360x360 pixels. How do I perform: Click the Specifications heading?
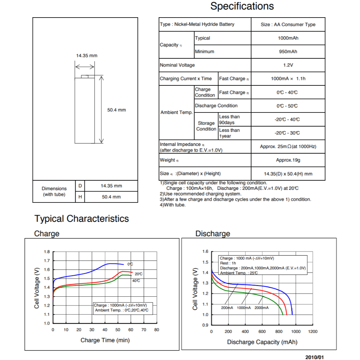pyautogui.click(x=242, y=6)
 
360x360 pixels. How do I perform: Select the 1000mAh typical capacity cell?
pyautogui.click(x=288, y=38)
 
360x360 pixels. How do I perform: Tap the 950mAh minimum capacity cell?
pyautogui.click(x=288, y=52)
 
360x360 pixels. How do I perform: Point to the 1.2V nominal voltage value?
pyautogui.click(x=288, y=65)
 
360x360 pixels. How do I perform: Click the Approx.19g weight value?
pyautogui.click(x=288, y=160)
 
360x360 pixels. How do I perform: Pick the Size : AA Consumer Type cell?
pyautogui.click(x=288, y=25)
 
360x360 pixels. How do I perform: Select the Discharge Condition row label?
pyautogui.click(x=216, y=105)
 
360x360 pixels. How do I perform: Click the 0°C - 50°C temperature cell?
pyautogui.click(x=287, y=106)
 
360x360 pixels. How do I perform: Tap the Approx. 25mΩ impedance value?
pyautogui.click(x=288, y=147)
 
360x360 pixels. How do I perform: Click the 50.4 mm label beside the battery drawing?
pyautogui.click(x=117, y=110)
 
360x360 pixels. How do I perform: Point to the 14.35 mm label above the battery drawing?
pyautogui.click(x=87, y=56)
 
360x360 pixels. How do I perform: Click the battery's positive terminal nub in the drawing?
pyautogui.click(x=85, y=76)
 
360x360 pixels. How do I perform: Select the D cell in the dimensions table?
pyautogui.click(x=80, y=186)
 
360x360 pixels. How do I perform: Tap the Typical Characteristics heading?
pyautogui.click(x=82, y=219)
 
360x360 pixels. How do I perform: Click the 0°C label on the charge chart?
pyautogui.click(x=130, y=264)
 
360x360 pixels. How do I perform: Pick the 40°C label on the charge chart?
pyautogui.click(x=136, y=281)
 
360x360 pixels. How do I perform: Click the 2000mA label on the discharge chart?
pyautogui.click(x=262, y=308)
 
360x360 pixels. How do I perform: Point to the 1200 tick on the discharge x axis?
pyautogui.click(x=313, y=332)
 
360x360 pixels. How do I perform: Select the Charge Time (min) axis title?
pyautogui.click(x=105, y=340)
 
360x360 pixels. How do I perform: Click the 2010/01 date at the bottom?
pyautogui.click(x=315, y=357)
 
